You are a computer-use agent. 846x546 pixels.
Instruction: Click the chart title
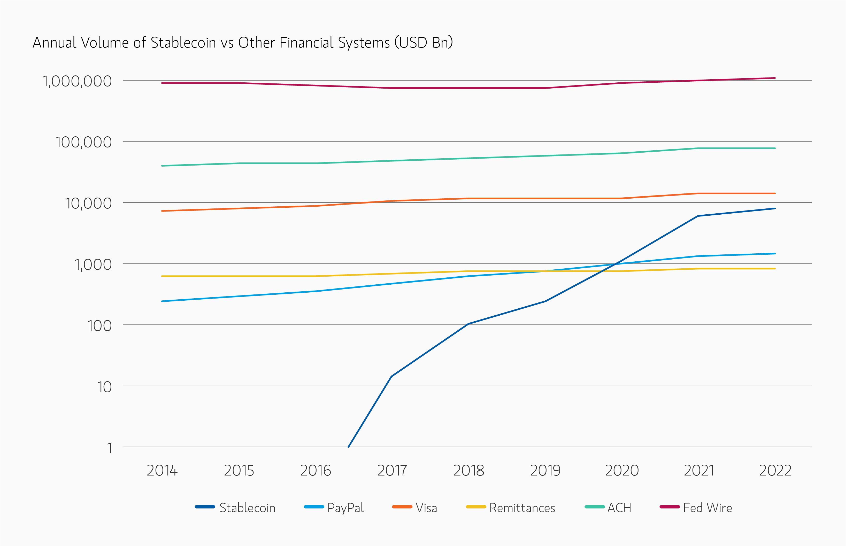[243, 43]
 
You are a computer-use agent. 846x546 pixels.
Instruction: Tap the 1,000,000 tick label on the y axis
[77, 81]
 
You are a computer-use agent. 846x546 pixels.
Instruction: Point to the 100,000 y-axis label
[83, 142]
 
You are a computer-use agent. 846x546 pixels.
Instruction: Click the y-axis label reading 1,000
[93, 264]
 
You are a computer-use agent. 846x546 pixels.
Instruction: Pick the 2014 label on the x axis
[162, 471]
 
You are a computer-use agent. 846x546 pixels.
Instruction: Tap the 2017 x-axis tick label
[392, 471]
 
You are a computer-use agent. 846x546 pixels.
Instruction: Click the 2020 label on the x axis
[622, 471]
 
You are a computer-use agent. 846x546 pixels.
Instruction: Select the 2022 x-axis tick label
[775, 471]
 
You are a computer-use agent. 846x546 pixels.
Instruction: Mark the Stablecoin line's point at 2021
[698, 216]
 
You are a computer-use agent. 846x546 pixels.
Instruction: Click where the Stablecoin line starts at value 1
[348, 447]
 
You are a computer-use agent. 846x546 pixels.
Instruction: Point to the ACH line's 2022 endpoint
[775, 148]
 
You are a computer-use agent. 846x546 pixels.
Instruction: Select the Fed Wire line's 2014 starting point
[162, 83]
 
